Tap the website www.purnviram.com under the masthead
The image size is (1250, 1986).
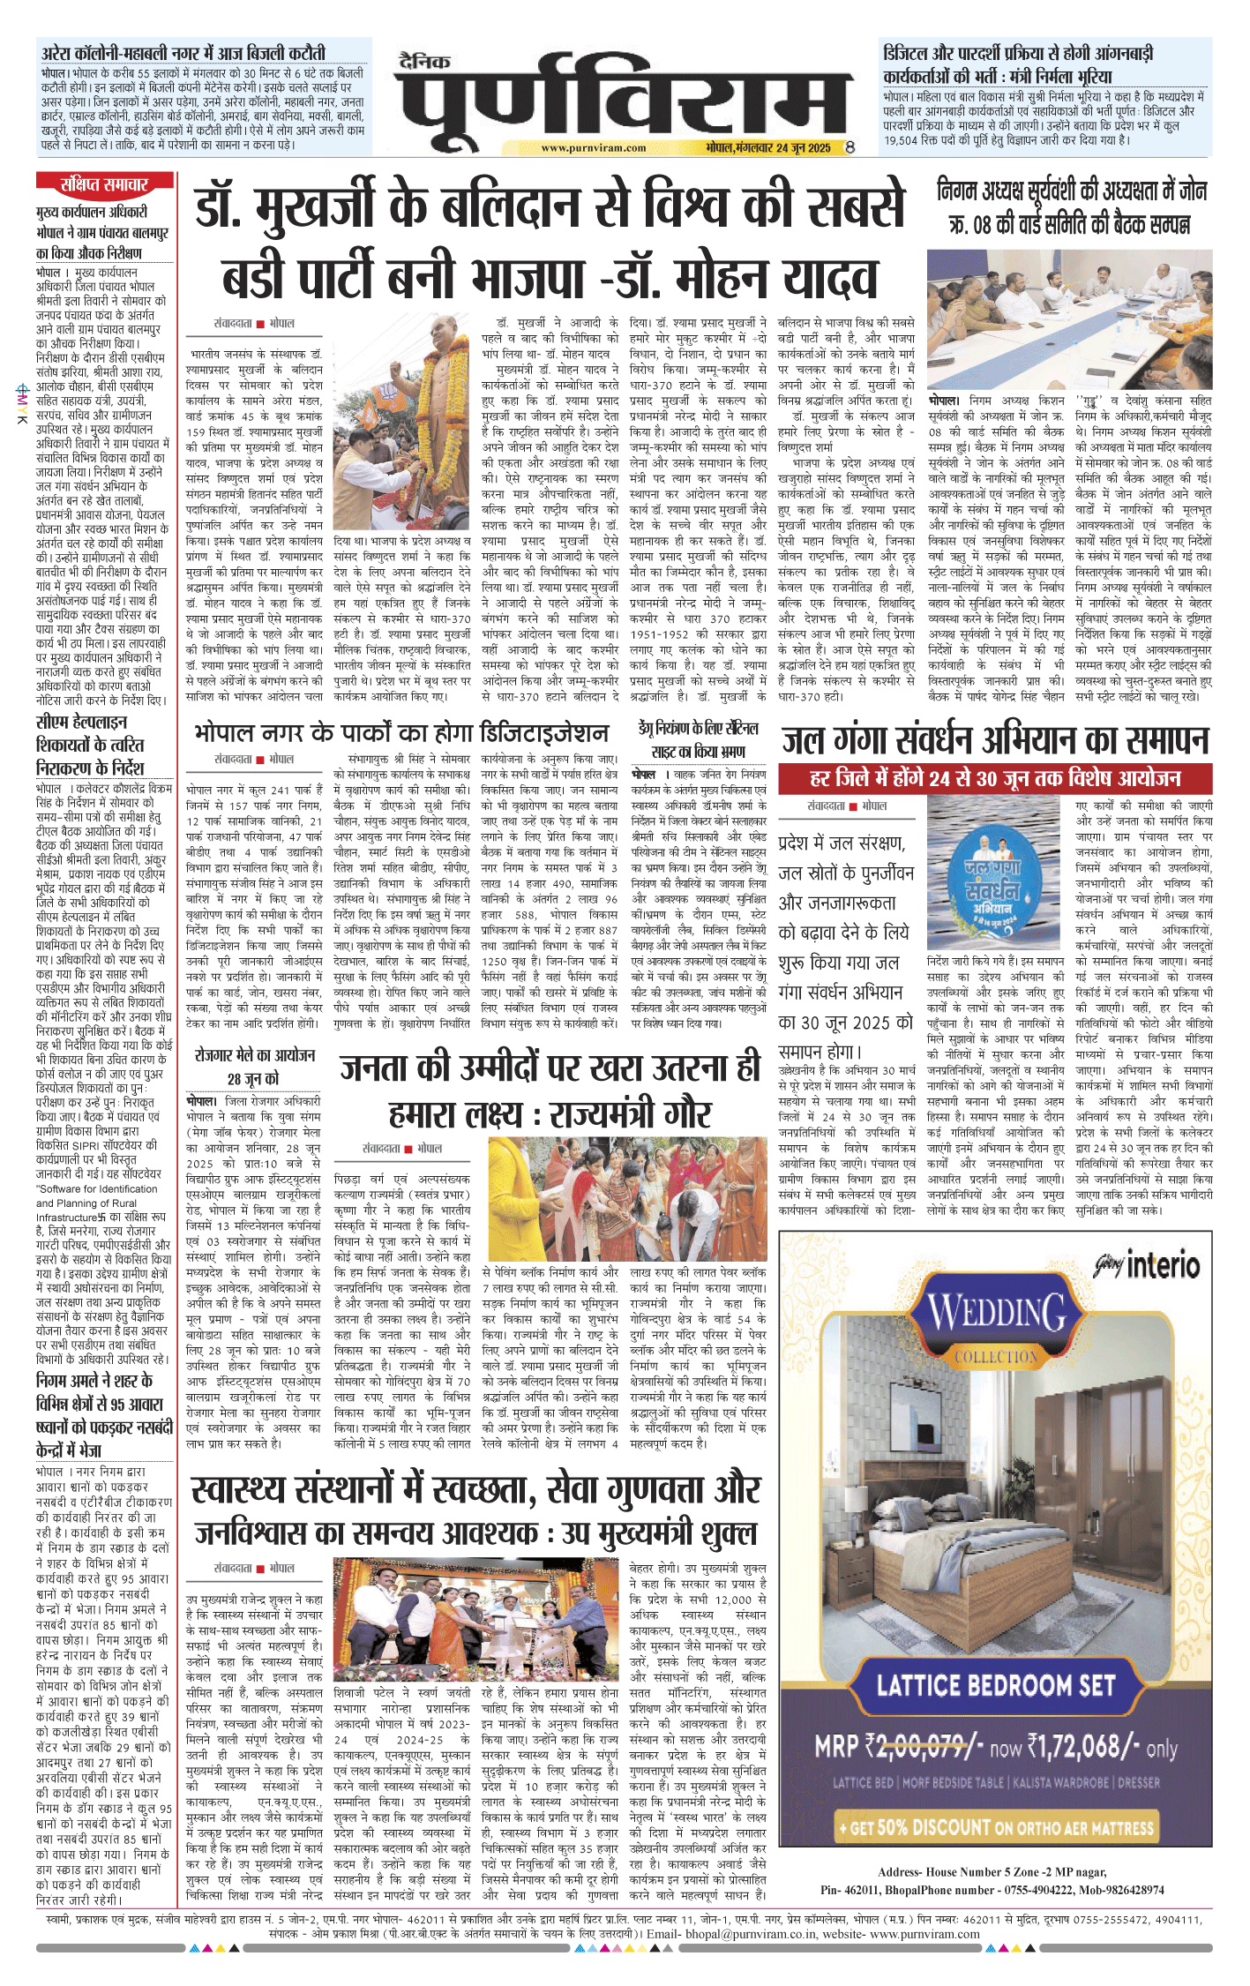(x=593, y=148)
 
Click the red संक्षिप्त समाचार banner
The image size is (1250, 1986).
(x=104, y=184)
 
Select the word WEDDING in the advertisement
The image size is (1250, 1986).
(x=997, y=1314)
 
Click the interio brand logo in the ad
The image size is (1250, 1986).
(x=1162, y=1266)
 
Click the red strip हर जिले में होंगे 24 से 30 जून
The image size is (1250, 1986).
(x=995, y=778)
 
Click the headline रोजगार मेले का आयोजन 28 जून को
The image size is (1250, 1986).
(x=254, y=1066)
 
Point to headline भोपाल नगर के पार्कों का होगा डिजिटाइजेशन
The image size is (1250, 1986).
(x=401, y=732)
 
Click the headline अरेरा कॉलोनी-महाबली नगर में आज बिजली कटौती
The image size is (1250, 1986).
(x=183, y=53)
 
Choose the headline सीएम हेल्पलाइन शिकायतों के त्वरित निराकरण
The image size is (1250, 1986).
(x=90, y=745)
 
